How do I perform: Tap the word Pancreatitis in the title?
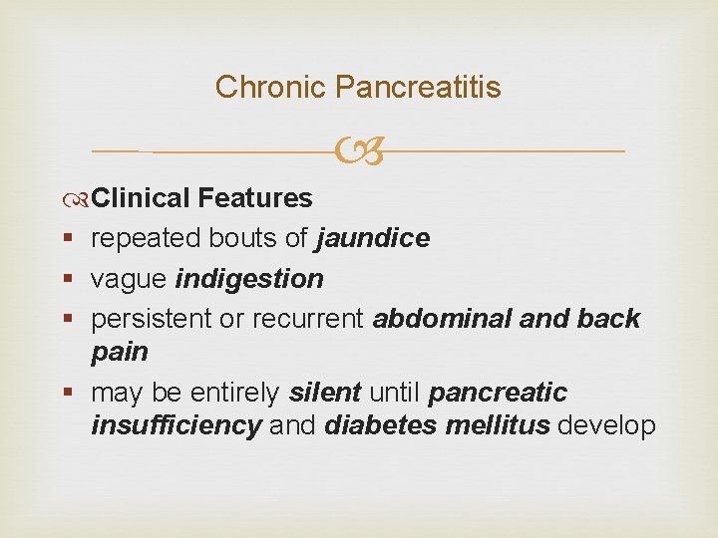tap(418, 88)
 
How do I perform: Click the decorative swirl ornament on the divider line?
tap(359, 152)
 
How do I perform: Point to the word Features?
tap(255, 198)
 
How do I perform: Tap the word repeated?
tap(146, 239)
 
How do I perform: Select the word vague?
tap(128, 279)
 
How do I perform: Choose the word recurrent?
tap(309, 319)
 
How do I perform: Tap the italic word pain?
tap(120, 353)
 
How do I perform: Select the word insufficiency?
tap(177, 426)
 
